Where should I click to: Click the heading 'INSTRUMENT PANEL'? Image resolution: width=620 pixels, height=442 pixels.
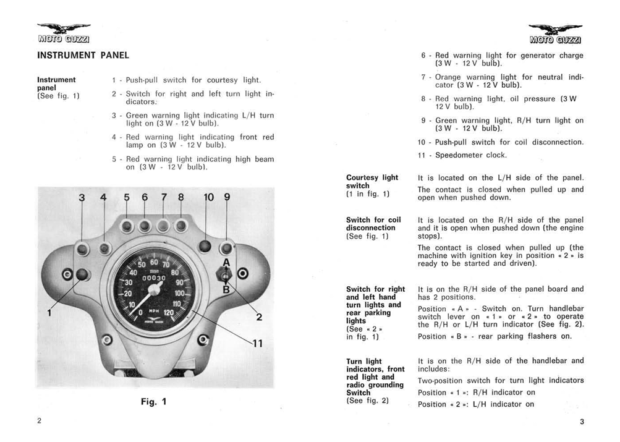click(x=83, y=55)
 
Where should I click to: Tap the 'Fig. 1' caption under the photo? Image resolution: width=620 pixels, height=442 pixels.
click(x=154, y=402)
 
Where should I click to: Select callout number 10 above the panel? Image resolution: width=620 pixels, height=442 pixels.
click(x=208, y=198)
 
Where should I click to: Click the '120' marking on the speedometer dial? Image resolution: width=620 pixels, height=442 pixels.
click(x=169, y=313)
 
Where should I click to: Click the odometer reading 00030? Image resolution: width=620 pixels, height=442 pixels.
click(x=156, y=279)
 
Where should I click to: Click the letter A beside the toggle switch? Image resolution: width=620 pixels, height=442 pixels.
click(x=226, y=261)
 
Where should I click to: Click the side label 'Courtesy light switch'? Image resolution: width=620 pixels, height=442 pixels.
click(x=372, y=185)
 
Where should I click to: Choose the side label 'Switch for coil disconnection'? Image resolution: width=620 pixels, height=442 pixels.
click(x=373, y=227)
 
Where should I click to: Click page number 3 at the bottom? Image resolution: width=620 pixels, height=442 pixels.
click(x=582, y=422)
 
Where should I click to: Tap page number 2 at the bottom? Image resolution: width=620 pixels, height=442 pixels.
click(x=38, y=421)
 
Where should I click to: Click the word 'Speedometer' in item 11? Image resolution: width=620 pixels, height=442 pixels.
click(x=461, y=155)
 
